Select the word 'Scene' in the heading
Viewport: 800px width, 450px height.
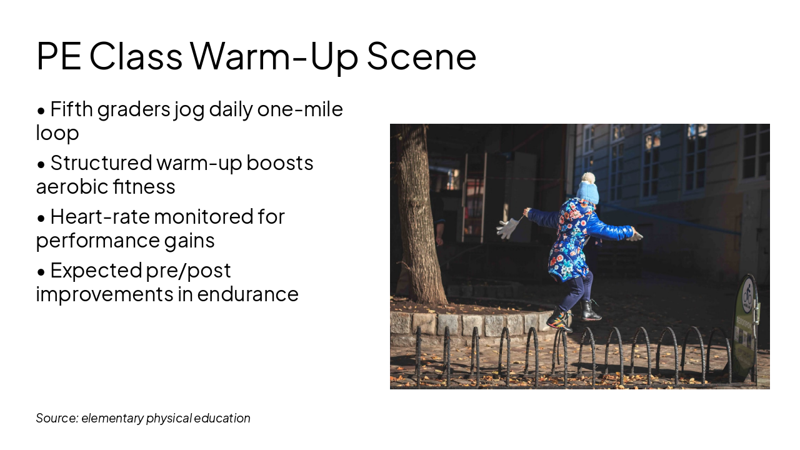[x=421, y=56]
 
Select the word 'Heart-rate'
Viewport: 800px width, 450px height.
[x=99, y=217]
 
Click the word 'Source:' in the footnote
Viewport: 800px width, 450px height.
[x=56, y=418]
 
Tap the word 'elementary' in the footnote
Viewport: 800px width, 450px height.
[x=112, y=418]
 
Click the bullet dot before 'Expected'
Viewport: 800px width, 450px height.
[x=41, y=272]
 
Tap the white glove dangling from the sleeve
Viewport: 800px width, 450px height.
[x=508, y=228]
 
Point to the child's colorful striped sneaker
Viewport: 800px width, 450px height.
[x=559, y=320]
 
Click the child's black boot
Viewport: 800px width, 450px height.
[x=589, y=311]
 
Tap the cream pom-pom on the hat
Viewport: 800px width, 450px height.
[x=587, y=177]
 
